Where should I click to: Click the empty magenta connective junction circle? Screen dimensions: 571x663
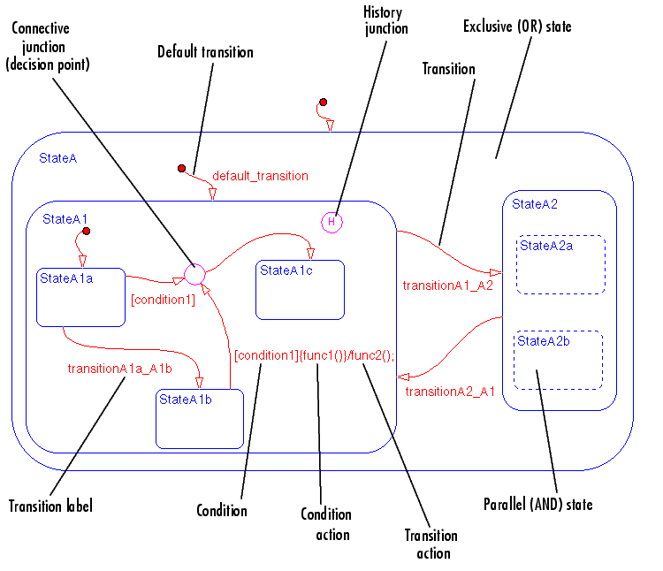[x=194, y=275]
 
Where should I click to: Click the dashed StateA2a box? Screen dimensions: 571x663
[x=560, y=264]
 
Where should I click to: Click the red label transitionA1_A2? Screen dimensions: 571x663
[x=447, y=285]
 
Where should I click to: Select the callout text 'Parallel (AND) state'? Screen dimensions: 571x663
[x=537, y=505]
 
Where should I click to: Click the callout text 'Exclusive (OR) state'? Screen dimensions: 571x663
[x=517, y=27]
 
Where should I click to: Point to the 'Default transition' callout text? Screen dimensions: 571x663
[x=205, y=52]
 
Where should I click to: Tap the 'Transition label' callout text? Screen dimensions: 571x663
[x=50, y=506]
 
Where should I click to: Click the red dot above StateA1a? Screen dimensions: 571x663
[x=88, y=232]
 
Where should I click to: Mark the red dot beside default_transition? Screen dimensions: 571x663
[x=181, y=168]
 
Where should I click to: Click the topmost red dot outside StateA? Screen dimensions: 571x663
[x=324, y=102]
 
